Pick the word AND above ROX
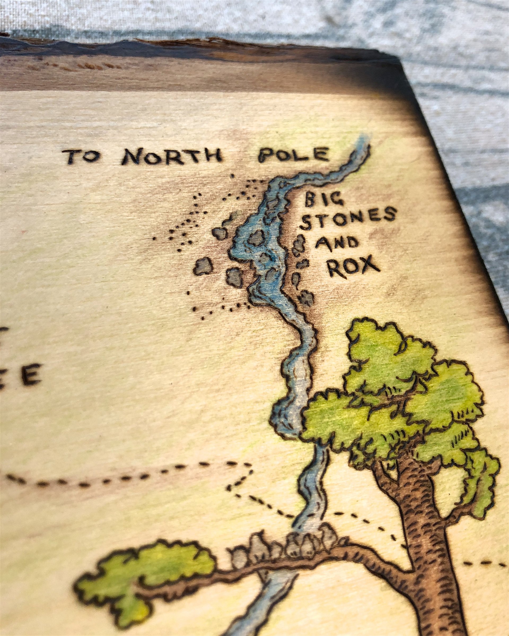click(x=337, y=244)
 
